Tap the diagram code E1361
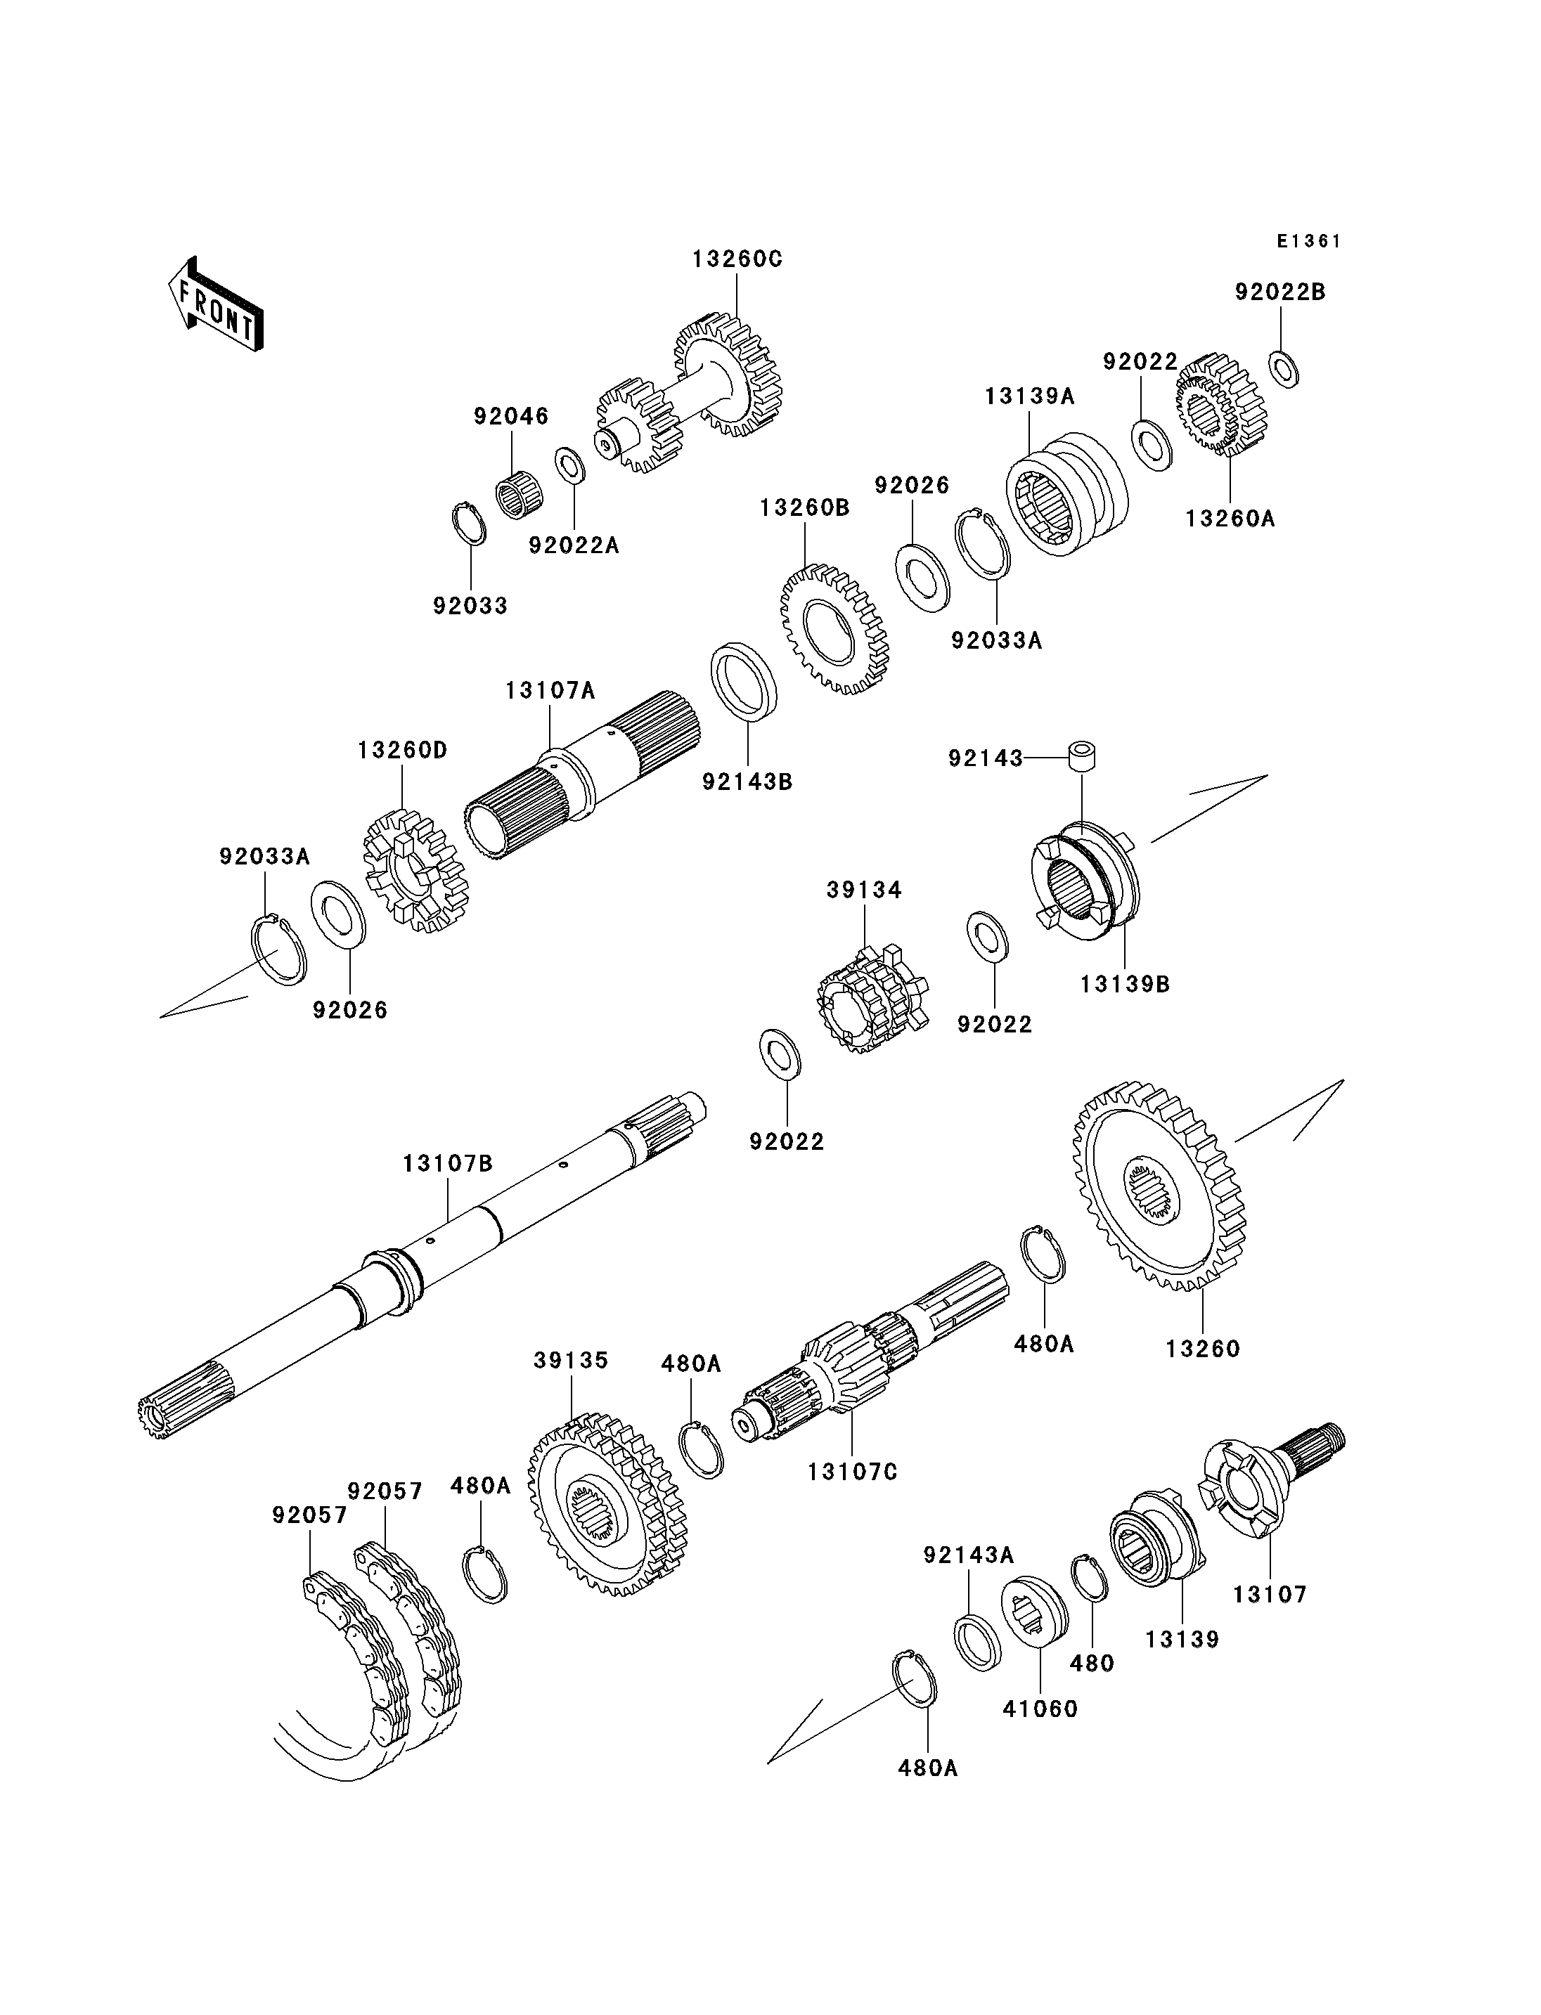(1309, 241)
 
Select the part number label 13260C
(737, 259)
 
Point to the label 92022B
(1280, 292)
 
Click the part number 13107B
(448, 1164)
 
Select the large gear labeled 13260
(1159, 1186)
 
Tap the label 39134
(864, 890)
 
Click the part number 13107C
(852, 1472)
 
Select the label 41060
(1040, 1709)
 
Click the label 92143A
(969, 1555)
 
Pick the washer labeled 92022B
(1284, 368)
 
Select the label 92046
(511, 415)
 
